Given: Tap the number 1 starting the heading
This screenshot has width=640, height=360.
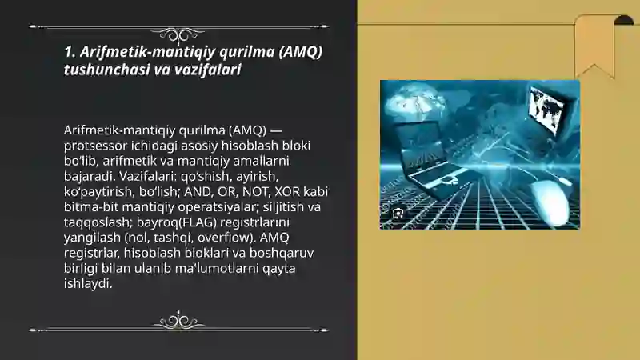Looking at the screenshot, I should tap(68, 52).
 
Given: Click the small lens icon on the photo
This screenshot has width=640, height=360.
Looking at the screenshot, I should tap(398, 213).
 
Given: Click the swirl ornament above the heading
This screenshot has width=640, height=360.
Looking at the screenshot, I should tap(178, 34).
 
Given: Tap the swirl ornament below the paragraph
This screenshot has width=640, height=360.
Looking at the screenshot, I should tap(178, 322).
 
